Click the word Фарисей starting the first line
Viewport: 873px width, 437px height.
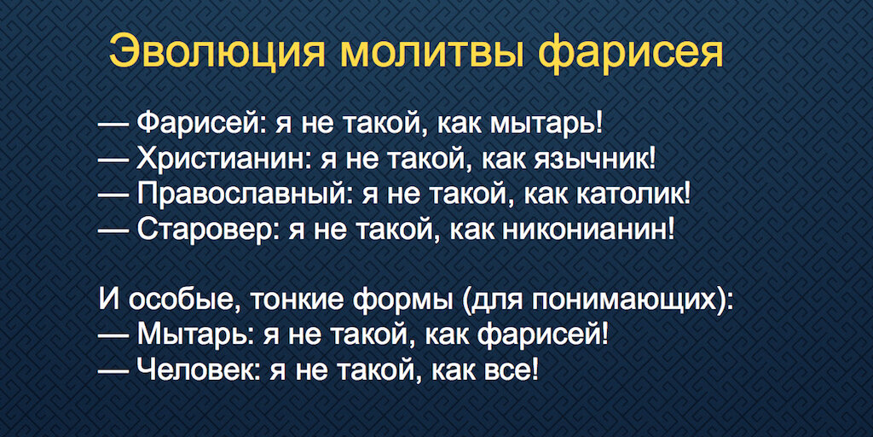click(x=202, y=122)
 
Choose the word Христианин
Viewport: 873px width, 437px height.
click(x=217, y=158)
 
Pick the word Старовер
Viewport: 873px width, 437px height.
click(x=204, y=230)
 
